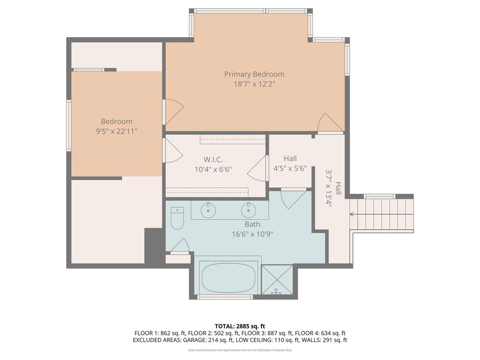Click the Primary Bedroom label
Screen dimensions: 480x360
(x=254, y=74)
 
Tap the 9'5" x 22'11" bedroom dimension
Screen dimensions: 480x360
(x=117, y=131)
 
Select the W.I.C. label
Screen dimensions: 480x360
(x=213, y=160)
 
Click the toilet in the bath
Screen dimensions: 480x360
(x=177, y=218)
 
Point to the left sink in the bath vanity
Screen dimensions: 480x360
(x=208, y=210)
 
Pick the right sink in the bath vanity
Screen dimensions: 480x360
(x=248, y=210)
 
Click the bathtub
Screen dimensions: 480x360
(x=228, y=277)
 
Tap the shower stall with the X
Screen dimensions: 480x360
(x=277, y=280)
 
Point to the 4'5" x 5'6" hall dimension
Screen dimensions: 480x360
(x=290, y=168)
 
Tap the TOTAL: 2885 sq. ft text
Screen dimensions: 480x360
(x=240, y=326)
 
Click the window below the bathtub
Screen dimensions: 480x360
(x=225, y=297)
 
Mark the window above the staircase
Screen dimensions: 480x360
(x=379, y=196)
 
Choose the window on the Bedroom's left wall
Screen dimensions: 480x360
(x=69, y=126)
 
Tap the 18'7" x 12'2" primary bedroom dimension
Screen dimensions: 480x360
(x=254, y=84)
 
